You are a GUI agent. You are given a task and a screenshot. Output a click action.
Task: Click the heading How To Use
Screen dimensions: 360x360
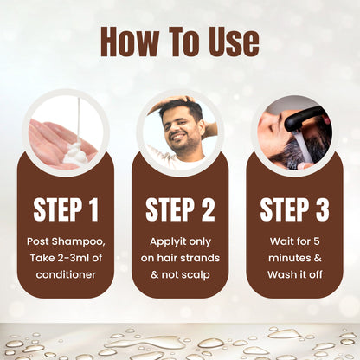(x=179, y=41)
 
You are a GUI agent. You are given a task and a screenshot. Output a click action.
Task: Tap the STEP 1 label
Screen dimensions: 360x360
(x=65, y=210)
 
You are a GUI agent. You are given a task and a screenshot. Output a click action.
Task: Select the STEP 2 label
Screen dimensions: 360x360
(x=180, y=210)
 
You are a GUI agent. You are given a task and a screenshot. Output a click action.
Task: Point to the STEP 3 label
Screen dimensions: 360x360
(x=294, y=210)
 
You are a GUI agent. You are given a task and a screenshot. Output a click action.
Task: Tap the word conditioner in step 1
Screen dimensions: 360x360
(x=65, y=275)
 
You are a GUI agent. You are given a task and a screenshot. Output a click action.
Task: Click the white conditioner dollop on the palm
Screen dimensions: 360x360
(x=78, y=156)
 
